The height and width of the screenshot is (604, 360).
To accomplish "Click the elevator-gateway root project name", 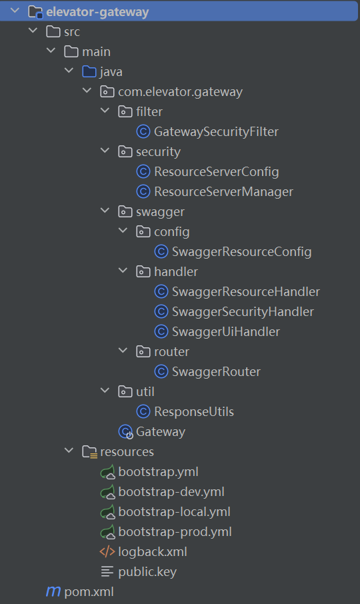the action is point(97,12).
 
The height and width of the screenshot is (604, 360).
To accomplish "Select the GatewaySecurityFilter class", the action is point(216,132).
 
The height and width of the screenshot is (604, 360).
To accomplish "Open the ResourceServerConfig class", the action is point(217,172).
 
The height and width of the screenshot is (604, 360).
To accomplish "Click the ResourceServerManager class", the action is point(223,192).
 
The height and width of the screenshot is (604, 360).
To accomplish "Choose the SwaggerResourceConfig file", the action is point(241,252).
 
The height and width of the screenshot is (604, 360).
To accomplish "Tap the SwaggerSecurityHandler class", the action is point(243,311).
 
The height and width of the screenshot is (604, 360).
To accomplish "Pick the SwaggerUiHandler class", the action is point(225,331).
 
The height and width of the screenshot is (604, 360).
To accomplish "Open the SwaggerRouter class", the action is point(216,372).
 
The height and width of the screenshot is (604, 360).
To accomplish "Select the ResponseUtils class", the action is point(194,412).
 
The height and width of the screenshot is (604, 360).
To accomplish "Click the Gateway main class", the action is point(160,432).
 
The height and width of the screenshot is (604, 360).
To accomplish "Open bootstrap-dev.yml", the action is point(171,492).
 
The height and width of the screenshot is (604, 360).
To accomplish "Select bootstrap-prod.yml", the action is point(175,532).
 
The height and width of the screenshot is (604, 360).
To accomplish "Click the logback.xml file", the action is point(153,552).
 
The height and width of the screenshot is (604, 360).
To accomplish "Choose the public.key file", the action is point(147,572).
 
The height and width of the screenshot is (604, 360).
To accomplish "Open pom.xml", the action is point(89,592).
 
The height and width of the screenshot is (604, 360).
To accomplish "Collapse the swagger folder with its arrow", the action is point(105,210).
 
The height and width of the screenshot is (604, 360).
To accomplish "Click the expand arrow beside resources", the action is point(69,450).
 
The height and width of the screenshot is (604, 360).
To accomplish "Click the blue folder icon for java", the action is point(89,71).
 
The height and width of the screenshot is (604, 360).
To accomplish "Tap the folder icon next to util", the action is point(125,392).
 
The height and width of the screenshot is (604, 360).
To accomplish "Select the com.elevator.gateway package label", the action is point(180,92).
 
